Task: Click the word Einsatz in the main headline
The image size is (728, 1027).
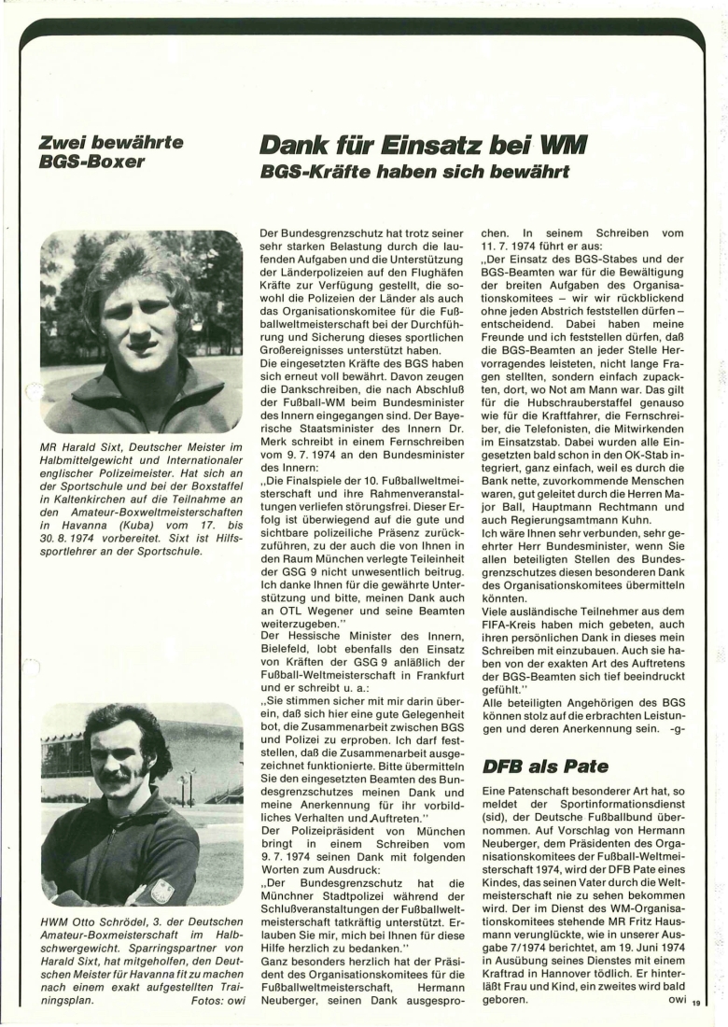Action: coord(436,145)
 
